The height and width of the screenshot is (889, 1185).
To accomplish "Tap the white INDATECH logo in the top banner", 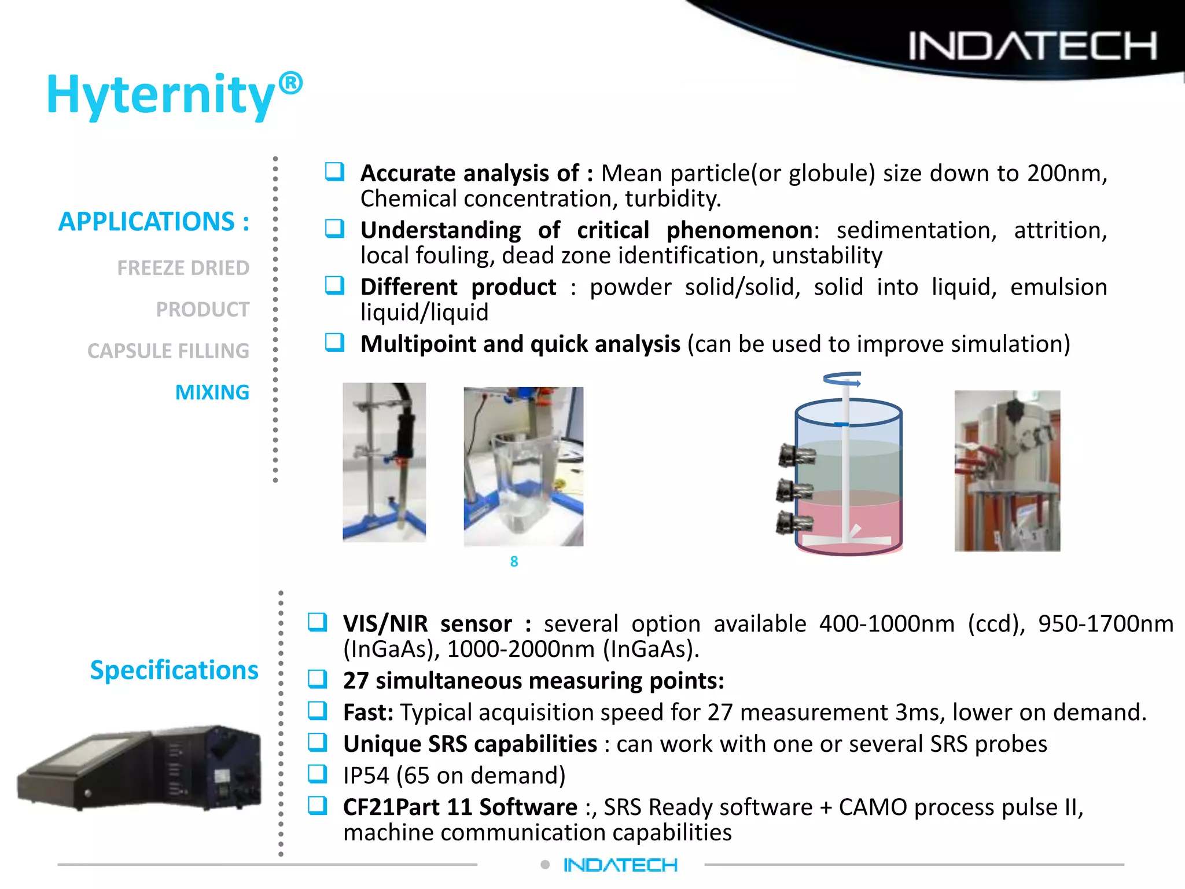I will [x=1032, y=46].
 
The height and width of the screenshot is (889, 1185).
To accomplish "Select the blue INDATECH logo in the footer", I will [x=620, y=865].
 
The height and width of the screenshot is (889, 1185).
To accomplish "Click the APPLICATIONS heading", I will [x=154, y=222].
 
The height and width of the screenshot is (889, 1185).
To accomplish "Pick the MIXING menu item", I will [x=212, y=392].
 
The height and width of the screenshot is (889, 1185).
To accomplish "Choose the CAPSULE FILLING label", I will [x=168, y=351].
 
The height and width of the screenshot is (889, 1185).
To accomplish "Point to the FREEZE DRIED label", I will [x=183, y=268].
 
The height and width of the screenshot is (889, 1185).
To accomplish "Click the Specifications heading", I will [x=174, y=670].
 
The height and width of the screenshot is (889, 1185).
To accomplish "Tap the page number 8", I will [x=514, y=561].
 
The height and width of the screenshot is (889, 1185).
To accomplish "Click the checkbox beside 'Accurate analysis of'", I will [x=334, y=172].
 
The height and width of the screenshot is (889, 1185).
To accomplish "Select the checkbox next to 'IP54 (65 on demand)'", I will [x=317, y=774].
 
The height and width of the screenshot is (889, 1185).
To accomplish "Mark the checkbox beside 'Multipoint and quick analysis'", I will [x=334, y=343].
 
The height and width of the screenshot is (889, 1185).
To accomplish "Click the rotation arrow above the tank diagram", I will [x=842, y=379].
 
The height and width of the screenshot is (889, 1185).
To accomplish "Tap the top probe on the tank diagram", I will [x=797, y=455].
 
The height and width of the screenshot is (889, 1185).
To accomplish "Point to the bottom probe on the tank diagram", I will [x=795, y=523].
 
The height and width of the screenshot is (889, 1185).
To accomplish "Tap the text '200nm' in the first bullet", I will [x=1066, y=174].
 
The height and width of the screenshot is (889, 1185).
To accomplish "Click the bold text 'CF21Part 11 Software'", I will [x=460, y=807].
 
